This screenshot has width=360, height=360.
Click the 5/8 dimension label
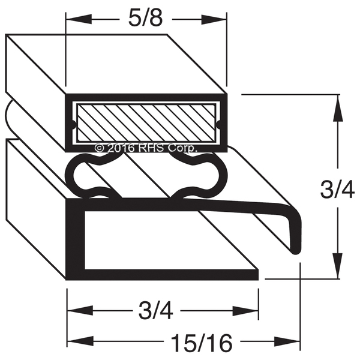click(x=145, y=19)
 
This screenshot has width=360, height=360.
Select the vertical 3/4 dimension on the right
click(x=337, y=190)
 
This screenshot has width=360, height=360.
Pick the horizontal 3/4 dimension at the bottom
click(x=155, y=311)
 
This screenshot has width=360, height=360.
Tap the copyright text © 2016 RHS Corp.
click(x=146, y=148)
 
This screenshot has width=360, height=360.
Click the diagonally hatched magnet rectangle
click(x=146, y=122)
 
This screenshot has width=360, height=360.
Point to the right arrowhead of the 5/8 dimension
click(x=214, y=19)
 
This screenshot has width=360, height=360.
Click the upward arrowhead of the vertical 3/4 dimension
click(x=338, y=108)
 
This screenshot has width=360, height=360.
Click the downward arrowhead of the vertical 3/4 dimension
click(x=338, y=266)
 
